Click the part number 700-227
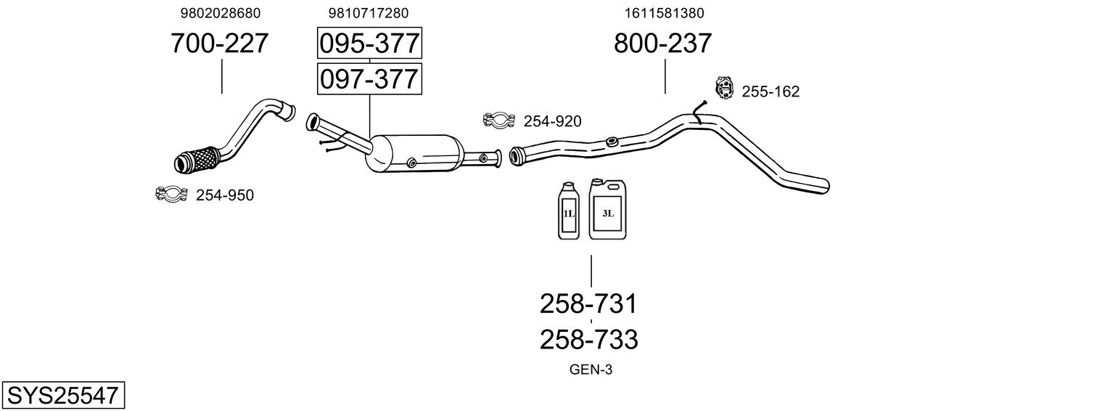[x=219, y=44]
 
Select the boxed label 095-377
[x=369, y=44]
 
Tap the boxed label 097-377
[x=369, y=78]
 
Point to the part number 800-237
[x=662, y=44]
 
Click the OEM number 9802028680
[x=220, y=13]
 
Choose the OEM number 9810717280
[x=369, y=13]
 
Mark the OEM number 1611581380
[x=664, y=13]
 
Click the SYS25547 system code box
[x=62, y=396]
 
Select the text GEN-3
[x=591, y=370]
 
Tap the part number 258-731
[x=588, y=304]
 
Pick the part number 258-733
[x=588, y=339]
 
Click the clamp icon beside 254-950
[x=171, y=194]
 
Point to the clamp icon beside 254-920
[x=498, y=121]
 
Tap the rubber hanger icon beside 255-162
[x=724, y=88]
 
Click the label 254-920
[x=552, y=121]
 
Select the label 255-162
[x=770, y=91]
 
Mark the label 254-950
[x=225, y=195]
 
